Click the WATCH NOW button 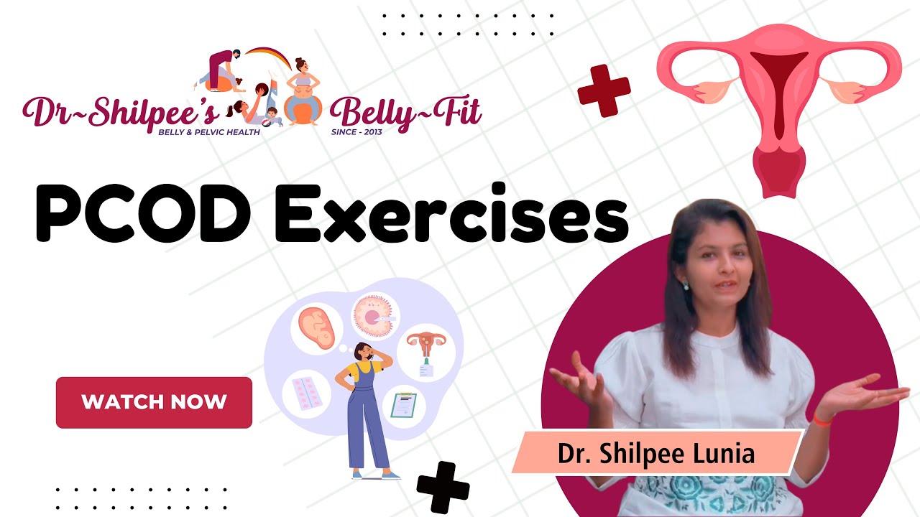[154, 402]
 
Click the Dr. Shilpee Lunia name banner [656, 454]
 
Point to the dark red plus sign [604, 90]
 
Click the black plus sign [443, 488]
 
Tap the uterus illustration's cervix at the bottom [778, 172]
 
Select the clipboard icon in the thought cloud [404, 405]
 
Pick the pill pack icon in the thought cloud [306, 393]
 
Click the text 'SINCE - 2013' [356, 133]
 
